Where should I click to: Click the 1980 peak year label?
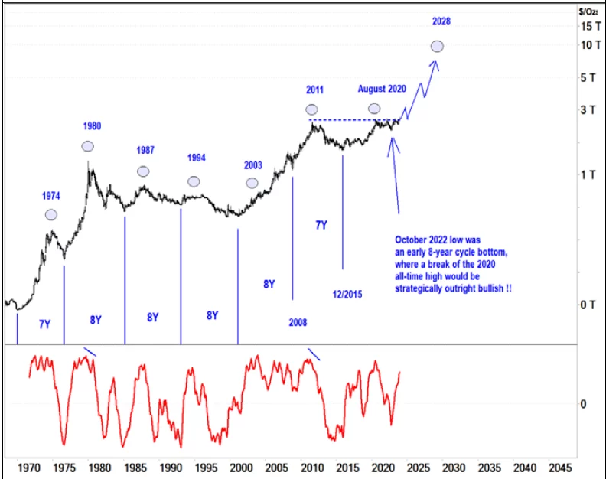pyautogui.click(x=92, y=126)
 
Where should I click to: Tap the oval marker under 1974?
pyautogui.click(x=51, y=215)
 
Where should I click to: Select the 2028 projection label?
pyautogui.click(x=440, y=21)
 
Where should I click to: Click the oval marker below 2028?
pyautogui.click(x=437, y=47)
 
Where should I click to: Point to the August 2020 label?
pyautogui.click(x=381, y=89)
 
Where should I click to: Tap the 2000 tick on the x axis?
pyautogui.click(x=240, y=467)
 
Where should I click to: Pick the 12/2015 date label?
pyautogui.click(x=348, y=294)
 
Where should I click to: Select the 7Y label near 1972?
pyautogui.click(x=44, y=324)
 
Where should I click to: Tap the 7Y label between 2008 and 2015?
pyautogui.click(x=321, y=225)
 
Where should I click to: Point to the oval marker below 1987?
pyautogui.click(x=143, y=171)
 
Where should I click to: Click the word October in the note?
pyautogui.click(x=413, y=239)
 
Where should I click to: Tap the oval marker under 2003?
pyautogui.click(x=252, y=183)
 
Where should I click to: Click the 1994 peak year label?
pyautogui.click(x=197, y=158)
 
